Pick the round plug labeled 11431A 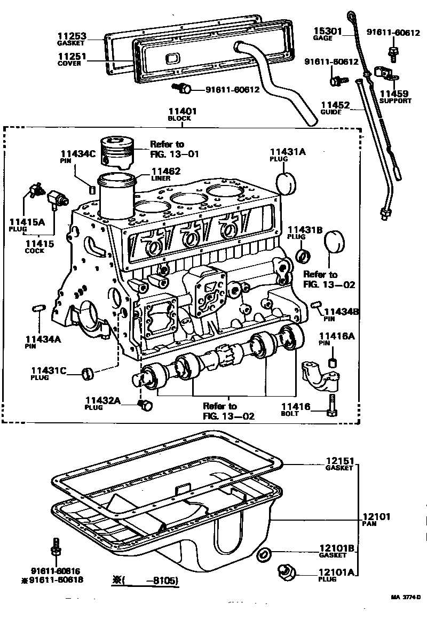286,182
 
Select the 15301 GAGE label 327,34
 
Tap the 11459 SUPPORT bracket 384,73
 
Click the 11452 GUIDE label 335,108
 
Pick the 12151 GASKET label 339,464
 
